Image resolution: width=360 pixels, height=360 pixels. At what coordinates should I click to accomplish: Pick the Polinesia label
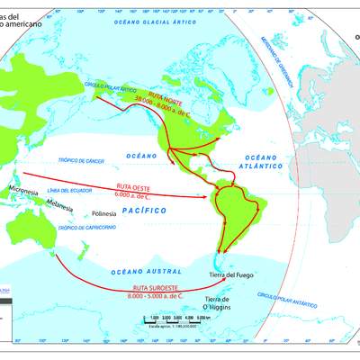[103, 215]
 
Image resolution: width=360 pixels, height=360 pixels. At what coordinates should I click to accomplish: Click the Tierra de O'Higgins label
[221, 301]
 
